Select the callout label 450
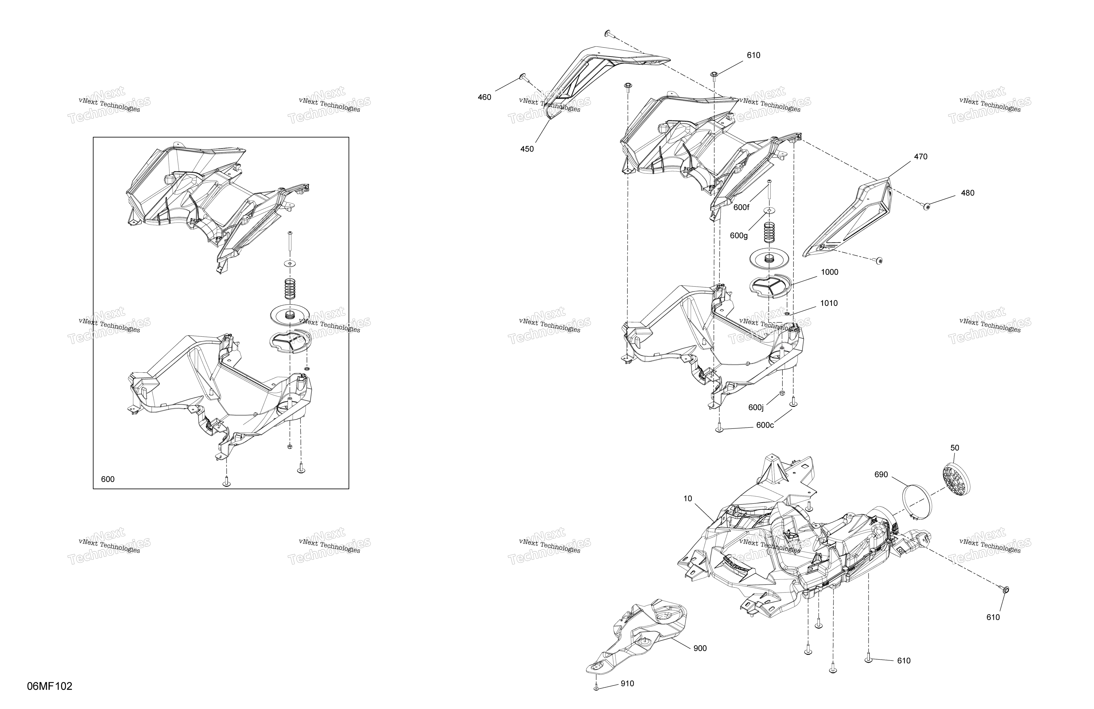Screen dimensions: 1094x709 point(527,149)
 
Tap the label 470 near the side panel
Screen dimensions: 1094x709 point(921,157)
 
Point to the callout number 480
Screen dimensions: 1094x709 point(968,193)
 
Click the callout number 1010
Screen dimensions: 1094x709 point(829,303)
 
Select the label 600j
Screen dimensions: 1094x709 point(756,408)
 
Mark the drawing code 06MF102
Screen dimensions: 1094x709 point(50,686)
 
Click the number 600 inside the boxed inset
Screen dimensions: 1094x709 point(108,479)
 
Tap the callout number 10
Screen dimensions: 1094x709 point(688,499)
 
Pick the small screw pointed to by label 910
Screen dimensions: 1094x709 point(596,688)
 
